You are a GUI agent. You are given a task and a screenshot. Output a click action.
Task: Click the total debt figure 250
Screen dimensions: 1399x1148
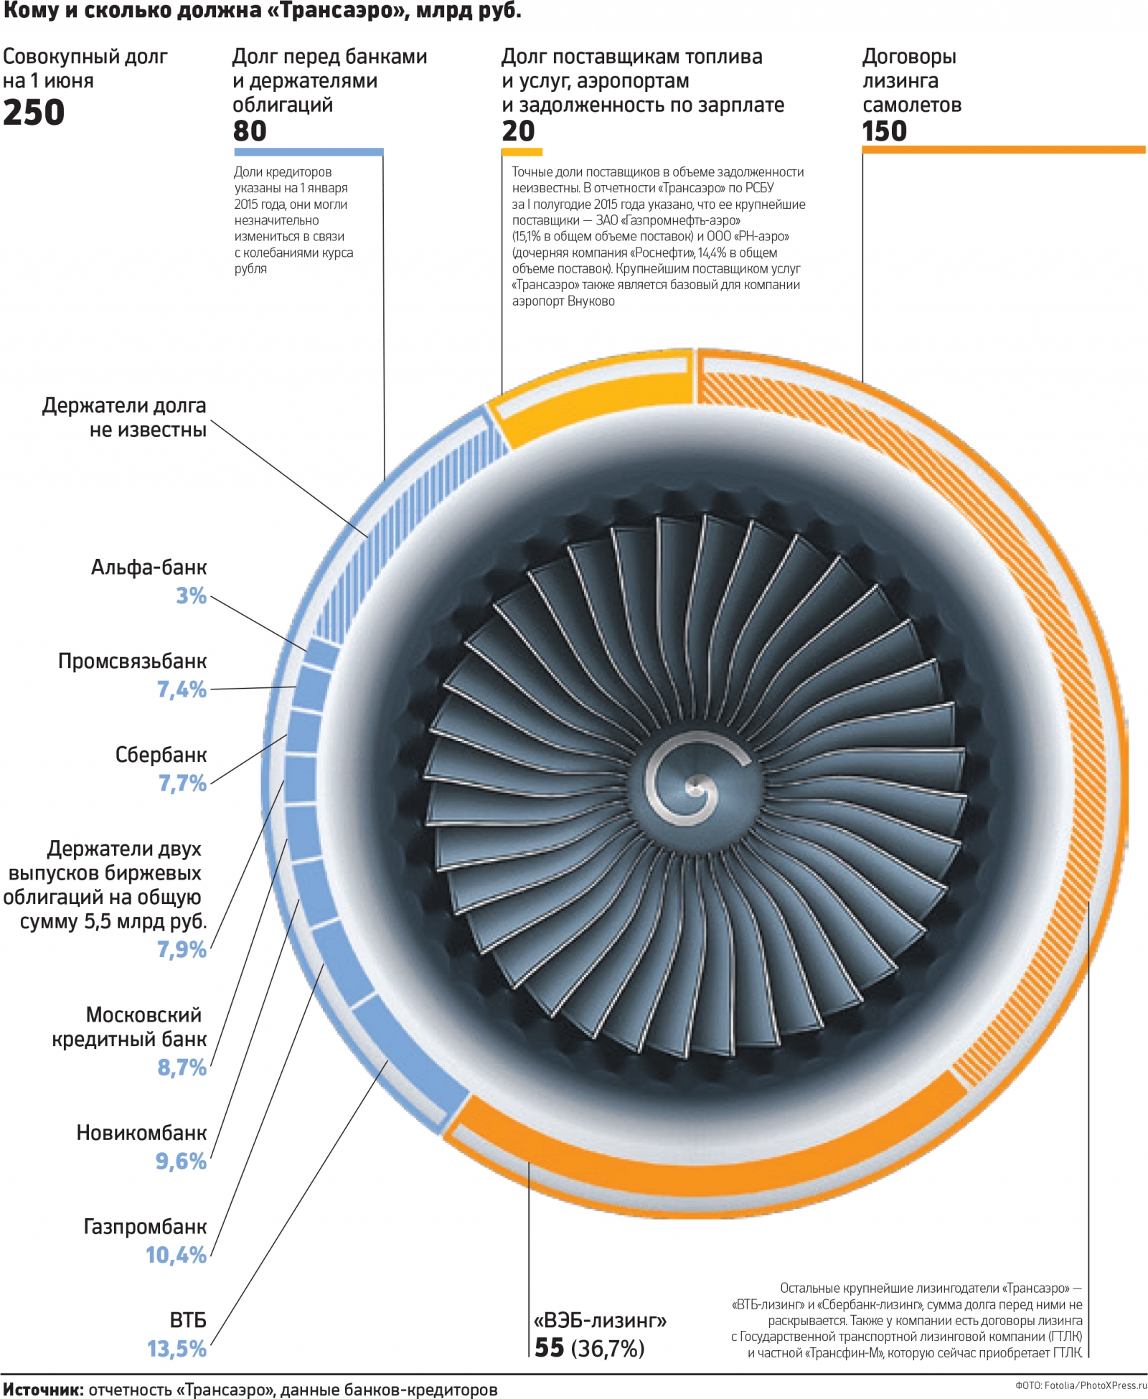pyautogui.click(x=34, y=113)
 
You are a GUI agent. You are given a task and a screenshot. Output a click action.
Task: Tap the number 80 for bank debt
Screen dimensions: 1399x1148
pyautogui.click(x=250, y=131)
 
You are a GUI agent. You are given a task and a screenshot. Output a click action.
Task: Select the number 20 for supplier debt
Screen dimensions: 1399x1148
pyautogui.click(x=518, y=131)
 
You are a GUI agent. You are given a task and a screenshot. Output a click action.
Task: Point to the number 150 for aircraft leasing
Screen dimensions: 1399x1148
pyautogui.click(x=884, y=131)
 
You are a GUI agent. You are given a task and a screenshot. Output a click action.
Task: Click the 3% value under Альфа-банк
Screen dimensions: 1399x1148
pyautogui.click(x=191, y=595)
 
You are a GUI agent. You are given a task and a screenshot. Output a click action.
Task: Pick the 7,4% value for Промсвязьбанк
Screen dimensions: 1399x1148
pyautogui.click(x=182, y=689)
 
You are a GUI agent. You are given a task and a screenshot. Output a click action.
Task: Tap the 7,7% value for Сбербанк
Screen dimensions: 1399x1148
pyautogui.click(x=182, y=783)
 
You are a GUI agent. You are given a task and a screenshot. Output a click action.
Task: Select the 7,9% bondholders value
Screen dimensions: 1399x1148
pyautogui.click(x=182, y=949)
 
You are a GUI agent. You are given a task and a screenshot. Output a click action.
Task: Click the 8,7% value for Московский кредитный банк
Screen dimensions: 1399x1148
pyautogui.click(x=182, y=1068)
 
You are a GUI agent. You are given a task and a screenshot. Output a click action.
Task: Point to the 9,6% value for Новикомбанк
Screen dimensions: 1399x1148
pyautogui.click(x=181, y=1161)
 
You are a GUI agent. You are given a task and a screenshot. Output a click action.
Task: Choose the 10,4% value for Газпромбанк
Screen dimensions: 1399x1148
pyautogui.click(x=176, y=1255)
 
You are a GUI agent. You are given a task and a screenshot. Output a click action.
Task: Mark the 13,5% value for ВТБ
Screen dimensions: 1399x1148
pyautogui.click(x=177, y=1349)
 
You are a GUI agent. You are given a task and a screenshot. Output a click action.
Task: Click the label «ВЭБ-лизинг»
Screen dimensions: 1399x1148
pyautogui.click(x=600, y=1320)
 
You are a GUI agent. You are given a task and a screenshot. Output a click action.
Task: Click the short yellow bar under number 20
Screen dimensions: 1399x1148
pyautogui.click(x=522, y=152)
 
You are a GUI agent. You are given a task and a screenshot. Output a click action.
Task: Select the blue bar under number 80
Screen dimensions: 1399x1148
pyautogui.click(x=309, y=152)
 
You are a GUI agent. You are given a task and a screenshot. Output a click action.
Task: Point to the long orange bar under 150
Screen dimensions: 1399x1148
pyautogui.click(x=1003, y=150)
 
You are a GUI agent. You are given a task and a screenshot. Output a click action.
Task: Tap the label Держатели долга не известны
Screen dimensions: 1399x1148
pyautogui.click(x=124, y=418)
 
